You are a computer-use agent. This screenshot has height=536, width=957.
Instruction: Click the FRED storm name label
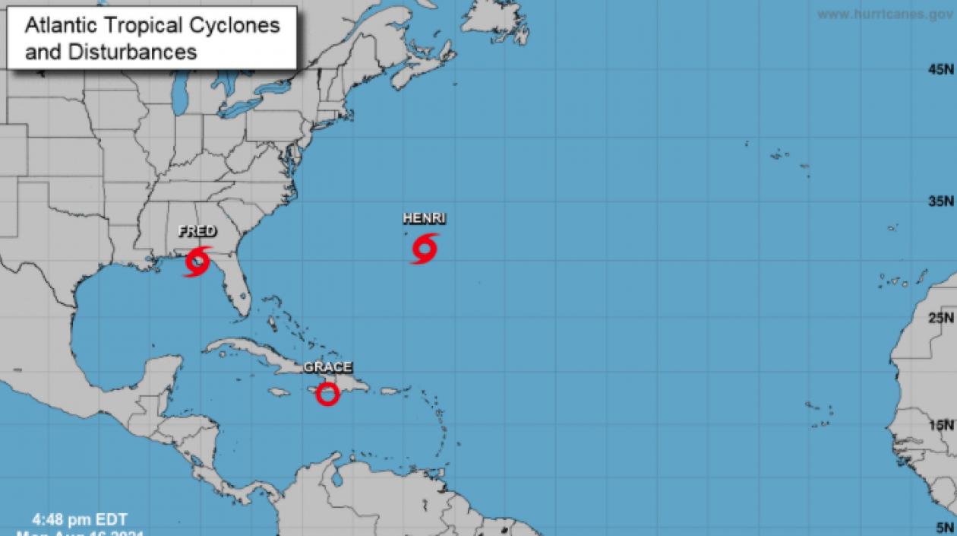tap(197, 231)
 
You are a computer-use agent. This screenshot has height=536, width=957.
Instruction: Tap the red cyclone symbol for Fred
tap(197, 261)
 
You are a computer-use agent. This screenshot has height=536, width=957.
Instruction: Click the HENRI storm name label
tap(424, 218)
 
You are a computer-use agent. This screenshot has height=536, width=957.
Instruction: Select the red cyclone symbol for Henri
tap(425, 249)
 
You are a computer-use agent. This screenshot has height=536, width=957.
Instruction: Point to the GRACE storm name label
tap(327, 367)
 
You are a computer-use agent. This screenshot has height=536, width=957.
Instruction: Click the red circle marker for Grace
tap(327, 394)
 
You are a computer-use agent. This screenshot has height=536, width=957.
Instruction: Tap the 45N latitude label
tap(940, 70)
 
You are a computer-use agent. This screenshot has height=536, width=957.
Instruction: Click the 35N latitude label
tap(940, 201)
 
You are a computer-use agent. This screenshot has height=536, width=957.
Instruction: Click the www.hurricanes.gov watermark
tap(885, 14)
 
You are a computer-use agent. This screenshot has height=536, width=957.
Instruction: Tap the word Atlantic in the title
tap(61, 25)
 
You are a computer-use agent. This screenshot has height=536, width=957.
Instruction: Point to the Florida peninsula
tap(237, 293)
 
